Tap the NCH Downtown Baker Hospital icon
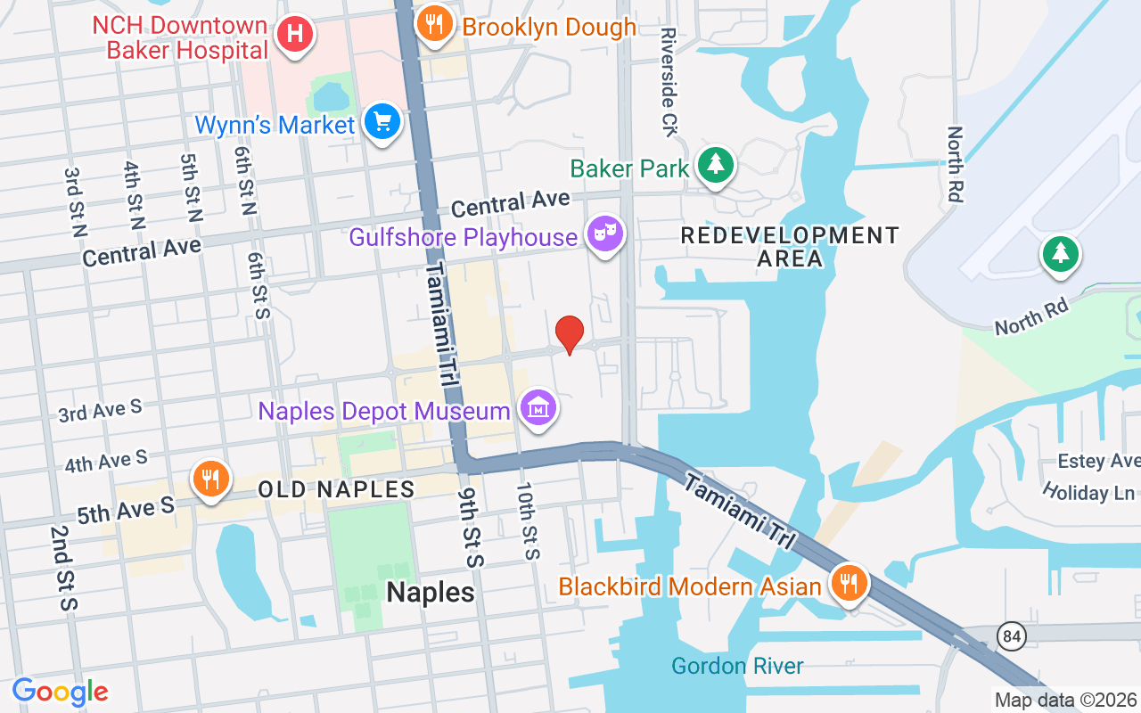(x=294, y=36)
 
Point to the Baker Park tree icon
(x=714, y=165)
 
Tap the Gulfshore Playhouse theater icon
(x=605, y=235)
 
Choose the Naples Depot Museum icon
(x=538, y=409)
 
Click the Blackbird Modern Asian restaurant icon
(x=850, y=585)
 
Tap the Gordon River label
(x=737, y=666)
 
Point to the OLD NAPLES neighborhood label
(x=336, y=489)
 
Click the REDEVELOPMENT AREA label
(x=790, y=247)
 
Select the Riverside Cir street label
(x=669, y=81)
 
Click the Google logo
(x=60, y=692)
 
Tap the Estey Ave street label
(x=1098, y=461)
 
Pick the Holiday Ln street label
(x=1089, y=492)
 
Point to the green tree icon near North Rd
(x=1060, y=255)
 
